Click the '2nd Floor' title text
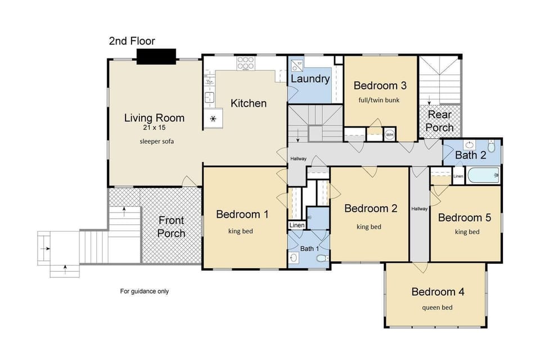(132, 41)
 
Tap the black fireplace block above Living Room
(156, 56)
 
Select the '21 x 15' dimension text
(154, 128)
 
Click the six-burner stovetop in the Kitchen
(245, 65)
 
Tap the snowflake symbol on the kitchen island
(213, 119)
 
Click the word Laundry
(310, 79)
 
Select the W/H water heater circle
(389, 135)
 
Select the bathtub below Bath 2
(483, 175)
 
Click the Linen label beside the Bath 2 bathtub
(458, 177)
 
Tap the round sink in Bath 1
(294, 258)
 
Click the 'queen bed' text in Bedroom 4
(437, 307)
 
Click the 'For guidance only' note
(144, 291)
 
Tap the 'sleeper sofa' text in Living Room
(156, 141)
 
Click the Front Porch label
(171, 227)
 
